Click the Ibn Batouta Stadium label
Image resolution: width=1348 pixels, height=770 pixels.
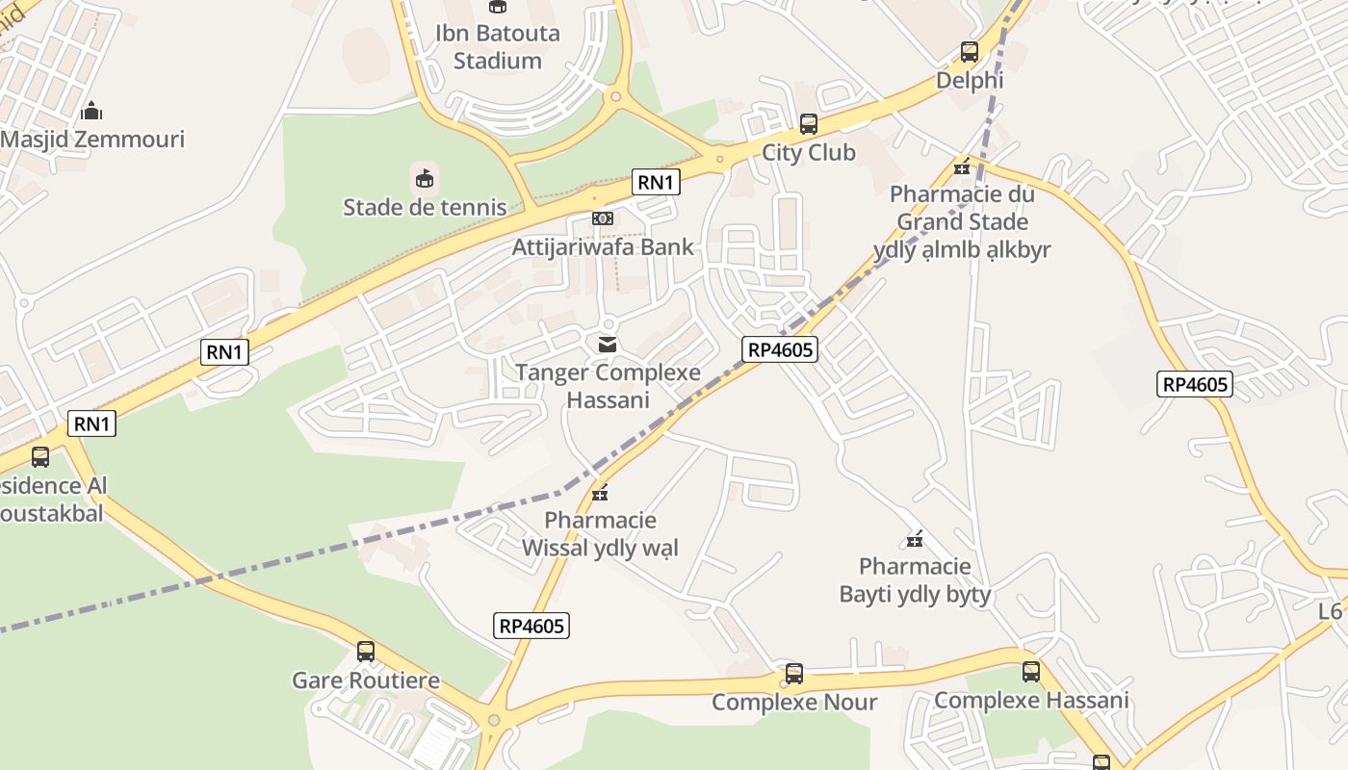pyautogui.click(x=497, y=46)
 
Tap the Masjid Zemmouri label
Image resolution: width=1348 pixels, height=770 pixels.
pyautogui.click(x=92, y=140)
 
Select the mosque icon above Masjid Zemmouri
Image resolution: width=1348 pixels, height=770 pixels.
pyautogui.click(x=91, y=111)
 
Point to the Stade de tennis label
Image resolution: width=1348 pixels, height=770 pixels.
pyautogui.click(x=425, y=207)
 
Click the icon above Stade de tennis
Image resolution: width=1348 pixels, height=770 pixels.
pyautogui.click(x=425, y=178)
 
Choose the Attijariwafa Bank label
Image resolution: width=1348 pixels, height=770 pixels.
pyautogui.click(x=603, y=247)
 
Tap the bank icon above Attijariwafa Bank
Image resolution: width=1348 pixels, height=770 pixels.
pyautogui.click(x=603, y=218)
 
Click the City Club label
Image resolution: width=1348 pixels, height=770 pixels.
pyautogui.click(x=809, y=153)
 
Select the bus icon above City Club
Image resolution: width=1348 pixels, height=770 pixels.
pyautogui.click(x=809, y=124)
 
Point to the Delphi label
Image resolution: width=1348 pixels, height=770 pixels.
pyautogui.click(x=970, y=81)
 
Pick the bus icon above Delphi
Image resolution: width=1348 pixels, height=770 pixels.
pyautogui.click(x=970, y=52)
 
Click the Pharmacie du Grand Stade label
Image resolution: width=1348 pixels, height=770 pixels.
pyautogui.click(x=962, y=222)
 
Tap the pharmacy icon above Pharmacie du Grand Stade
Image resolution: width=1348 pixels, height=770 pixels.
pyautogui.click(x=962, y=167)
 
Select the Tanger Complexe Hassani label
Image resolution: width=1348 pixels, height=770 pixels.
pyautogui.click(x=608, y=386)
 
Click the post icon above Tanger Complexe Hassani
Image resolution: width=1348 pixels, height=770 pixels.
pyautogui.click(x=608, y=344)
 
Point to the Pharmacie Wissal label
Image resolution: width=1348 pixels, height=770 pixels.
pyautogui.click(x=600, y=534)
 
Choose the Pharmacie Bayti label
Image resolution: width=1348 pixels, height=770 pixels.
pyautogui.click(x=915, y=580)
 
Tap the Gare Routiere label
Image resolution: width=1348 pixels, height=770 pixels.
pyautogui.click(x=366, y=680)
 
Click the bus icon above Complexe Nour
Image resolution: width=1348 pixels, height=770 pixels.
pyautogui.click(x=794, y=674)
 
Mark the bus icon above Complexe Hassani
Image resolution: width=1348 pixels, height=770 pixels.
pyautogui.click(x=1031, y=672)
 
